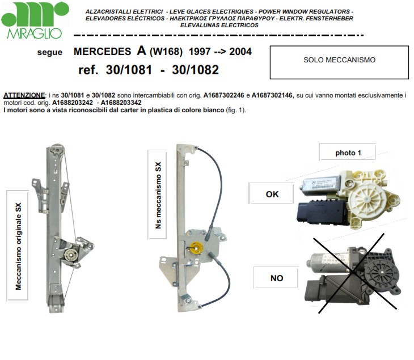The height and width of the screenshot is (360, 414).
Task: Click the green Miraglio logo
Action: click(35, 20)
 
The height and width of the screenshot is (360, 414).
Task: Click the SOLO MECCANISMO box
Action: click(339, 62)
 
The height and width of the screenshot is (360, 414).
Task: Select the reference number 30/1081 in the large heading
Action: click(129, 70)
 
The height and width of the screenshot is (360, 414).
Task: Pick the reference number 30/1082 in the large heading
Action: click(196, 70)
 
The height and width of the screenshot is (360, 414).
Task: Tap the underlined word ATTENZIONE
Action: click(24, 95)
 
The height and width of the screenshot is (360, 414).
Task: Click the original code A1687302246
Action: click(223, 95)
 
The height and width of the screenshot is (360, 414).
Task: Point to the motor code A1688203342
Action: click(121, 103)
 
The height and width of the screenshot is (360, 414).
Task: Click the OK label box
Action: click(272, 194)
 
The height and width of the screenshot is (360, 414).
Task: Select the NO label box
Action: click(276, 278)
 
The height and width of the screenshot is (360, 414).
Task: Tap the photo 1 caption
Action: click(348, 153)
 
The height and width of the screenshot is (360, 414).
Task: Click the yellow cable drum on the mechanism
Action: click(196, 248)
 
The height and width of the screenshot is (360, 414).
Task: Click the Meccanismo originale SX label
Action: click(18, 246)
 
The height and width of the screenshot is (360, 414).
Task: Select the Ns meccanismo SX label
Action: click(158, 195)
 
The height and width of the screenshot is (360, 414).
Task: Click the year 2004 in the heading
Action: click(240, 52)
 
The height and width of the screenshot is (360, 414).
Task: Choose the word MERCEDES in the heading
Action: click(102, 52)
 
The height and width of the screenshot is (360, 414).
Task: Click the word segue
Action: click(50, 52)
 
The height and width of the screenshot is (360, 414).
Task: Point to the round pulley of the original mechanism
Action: click(71, 255)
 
